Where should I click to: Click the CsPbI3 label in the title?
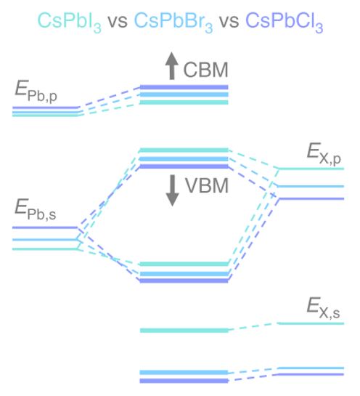coord(70,22)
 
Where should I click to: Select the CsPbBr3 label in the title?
coord(173,22)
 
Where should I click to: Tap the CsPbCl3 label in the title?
coord(285,22)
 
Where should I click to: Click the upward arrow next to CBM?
coord(172,65)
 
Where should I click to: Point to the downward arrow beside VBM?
coord(172,190)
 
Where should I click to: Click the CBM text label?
coord(205,70)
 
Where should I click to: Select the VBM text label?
coord(207,185)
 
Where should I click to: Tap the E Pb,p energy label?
coord(36,92)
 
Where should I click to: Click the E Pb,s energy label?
coord(36,209)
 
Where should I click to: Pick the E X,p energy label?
coord(324,154)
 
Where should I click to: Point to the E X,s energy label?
coord(324,308)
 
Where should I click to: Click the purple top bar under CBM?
coord(184,87)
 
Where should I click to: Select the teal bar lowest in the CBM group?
coord(184,102)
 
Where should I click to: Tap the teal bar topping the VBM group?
coord(184,150)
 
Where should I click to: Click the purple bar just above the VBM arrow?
coord(184,166)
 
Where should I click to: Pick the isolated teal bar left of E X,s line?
coord(184,331)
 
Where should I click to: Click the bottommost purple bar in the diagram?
coord(184,381)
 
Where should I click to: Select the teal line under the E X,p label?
coord(311,169)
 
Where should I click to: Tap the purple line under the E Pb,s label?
coord(45,227)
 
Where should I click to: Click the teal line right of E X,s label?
coord(311,323)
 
